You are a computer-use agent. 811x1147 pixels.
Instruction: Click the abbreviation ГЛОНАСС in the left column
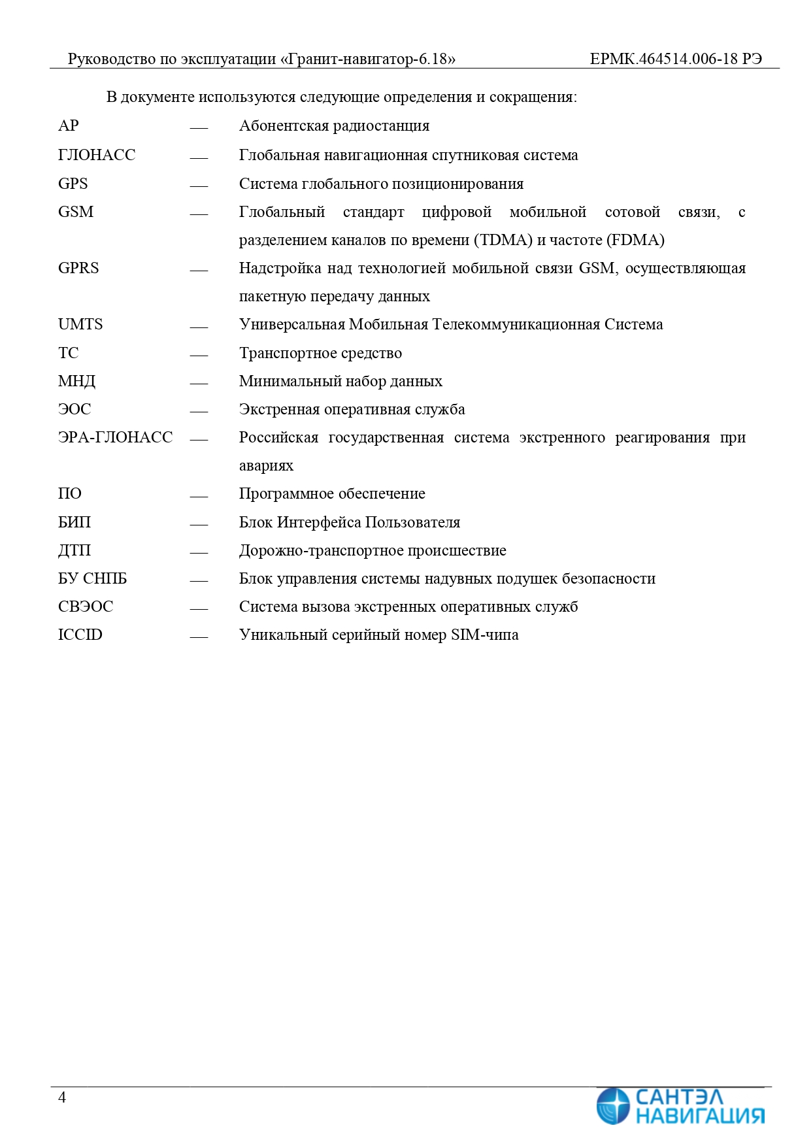pos(97,155)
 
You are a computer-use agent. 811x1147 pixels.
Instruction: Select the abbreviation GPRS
pos(78,268)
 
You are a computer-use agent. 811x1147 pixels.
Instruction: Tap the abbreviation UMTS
pos(80,324)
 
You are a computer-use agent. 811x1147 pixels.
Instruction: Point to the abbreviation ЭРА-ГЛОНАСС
pos(115,437)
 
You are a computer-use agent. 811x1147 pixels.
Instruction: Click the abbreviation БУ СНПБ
pos(92,578)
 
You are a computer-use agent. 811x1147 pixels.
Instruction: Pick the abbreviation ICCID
pos(80,635)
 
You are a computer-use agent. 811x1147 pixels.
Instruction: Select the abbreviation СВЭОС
pos(86,607)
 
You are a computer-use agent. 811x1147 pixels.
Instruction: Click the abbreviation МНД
pos(76,381)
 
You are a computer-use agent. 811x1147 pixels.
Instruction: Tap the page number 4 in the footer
pos(62,1097)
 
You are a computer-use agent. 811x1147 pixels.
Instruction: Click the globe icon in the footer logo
pos(613,1106)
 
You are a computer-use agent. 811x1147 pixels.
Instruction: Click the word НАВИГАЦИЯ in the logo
pos(699,1115)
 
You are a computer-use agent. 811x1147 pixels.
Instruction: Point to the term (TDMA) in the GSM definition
pos(503,240)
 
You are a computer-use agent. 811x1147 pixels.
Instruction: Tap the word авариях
pos(266,466)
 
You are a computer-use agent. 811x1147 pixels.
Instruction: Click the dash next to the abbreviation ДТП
pos(199,552)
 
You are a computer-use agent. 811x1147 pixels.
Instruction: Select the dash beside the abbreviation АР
pos(199,128)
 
